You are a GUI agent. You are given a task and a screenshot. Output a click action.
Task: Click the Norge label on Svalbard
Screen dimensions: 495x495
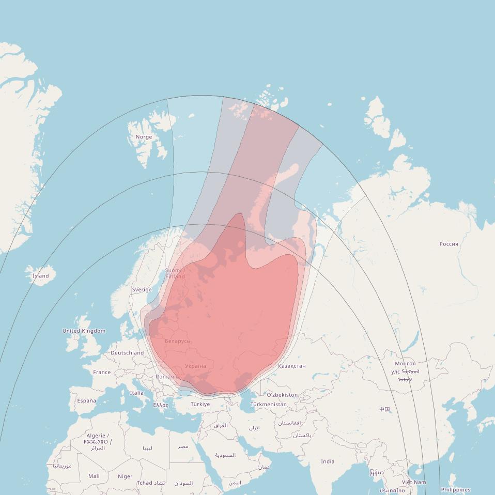(x=144, y=137)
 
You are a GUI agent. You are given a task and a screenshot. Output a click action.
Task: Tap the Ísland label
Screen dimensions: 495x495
(x=40, y=276)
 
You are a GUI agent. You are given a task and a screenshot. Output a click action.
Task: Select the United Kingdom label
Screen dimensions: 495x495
(x=84, y=331)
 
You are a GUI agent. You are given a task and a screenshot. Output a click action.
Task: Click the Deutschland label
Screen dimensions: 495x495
(x=127, y=353)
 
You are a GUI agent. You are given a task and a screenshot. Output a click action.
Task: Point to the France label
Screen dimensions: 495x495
(x=102, y=372)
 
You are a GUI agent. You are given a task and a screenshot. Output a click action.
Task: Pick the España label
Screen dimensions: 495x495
(x=86, y=400)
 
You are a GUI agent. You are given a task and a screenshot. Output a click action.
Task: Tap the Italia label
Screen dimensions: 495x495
(x=137, y=393)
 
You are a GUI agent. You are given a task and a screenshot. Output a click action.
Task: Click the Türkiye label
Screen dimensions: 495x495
(x=200, y=404)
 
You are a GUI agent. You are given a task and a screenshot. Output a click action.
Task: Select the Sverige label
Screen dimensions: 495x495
(x=142, y=290)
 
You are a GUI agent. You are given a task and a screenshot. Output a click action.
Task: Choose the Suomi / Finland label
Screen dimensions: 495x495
(x=175, y=273)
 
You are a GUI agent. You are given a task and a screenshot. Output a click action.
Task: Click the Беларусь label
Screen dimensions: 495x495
(x=177, y=341)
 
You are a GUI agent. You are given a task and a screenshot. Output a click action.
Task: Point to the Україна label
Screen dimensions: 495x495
(x=195, y=366)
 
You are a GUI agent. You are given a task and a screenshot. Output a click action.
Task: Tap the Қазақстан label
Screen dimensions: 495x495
(x=292, y=366)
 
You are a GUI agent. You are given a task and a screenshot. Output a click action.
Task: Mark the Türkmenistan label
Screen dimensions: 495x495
(x=268, y=404)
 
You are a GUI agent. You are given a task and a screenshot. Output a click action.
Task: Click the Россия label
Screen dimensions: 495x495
(x=448, y=244)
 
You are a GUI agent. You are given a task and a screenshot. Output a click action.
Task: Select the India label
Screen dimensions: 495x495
(x=327, y=461)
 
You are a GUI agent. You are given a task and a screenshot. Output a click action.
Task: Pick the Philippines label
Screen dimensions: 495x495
(x=455, y=490)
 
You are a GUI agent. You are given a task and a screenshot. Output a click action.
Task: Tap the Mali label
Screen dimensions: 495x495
(x=94, y=476)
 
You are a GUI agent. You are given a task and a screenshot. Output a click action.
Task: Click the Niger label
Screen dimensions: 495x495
(x=125, y=476)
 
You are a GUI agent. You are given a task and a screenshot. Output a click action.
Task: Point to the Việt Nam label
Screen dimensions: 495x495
(x=414, y=482)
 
